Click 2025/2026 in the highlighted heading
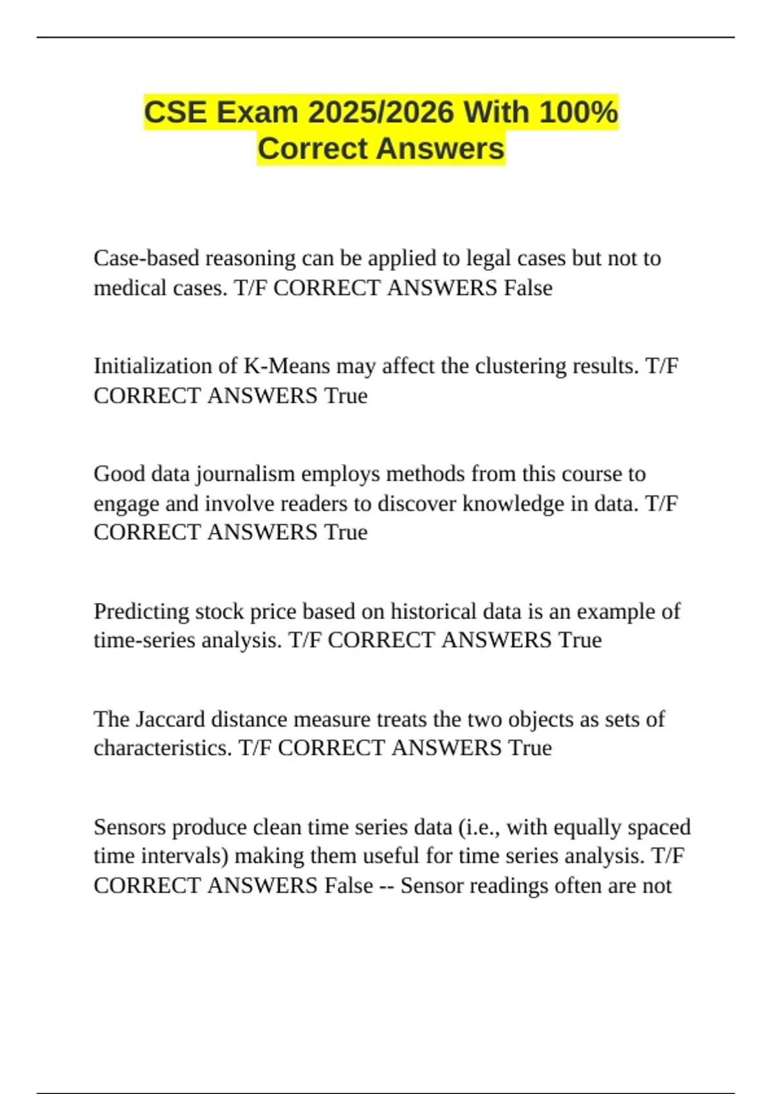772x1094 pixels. [x=381, y=113]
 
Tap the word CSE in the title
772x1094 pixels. [x=176, y=113]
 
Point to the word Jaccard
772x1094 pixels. [x=173, y=719]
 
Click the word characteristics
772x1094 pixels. [x=162, y=748]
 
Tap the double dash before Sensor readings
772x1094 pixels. [x=387, y=886]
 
